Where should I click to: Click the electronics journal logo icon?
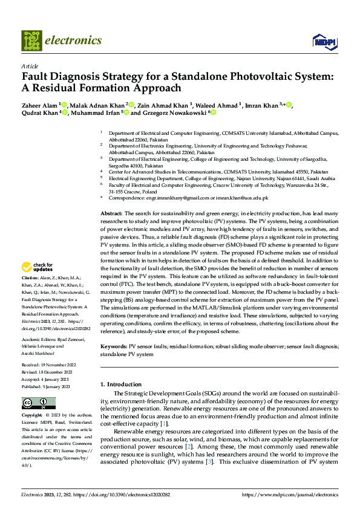[32, 41]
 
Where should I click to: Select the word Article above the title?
[30, 66]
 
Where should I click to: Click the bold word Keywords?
[113, 346]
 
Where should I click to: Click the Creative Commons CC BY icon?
[39, 403]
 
